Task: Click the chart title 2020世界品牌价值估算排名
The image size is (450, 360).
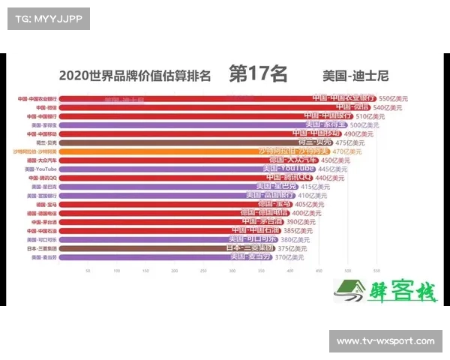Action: tap(135, 75)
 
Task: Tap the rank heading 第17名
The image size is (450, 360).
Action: tap(258, 73)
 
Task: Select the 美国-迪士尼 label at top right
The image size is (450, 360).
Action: tap(355, 75)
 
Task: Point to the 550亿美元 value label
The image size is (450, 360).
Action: tap(394, 98)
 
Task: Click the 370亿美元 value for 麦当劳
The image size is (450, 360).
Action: tap(289, 257)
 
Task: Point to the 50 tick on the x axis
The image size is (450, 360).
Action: tap(88, 271)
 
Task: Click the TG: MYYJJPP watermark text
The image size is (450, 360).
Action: tap(47, 18)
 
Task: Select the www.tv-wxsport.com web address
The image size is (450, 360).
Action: tap(385, 342)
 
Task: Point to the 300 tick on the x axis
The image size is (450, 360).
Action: tap(232, 271)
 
